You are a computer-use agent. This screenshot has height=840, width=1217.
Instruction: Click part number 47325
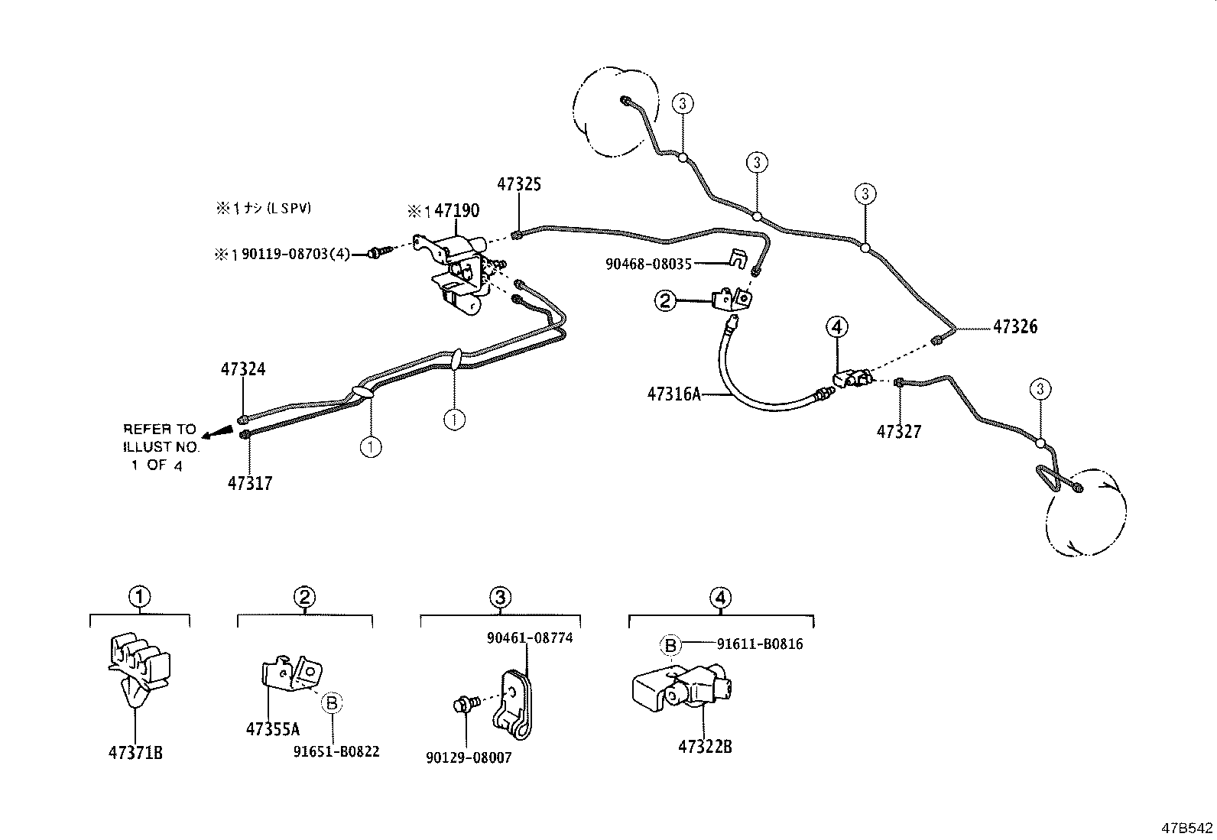[x=519, y=184]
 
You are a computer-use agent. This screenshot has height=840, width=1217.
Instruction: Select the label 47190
[x=457, y=211]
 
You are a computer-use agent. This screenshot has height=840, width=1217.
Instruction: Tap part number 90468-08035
[x=648, y=264]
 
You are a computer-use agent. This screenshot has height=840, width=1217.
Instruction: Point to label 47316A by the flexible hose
[x=673, y=394]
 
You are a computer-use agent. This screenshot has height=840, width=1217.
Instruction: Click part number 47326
[x=1015, y=326]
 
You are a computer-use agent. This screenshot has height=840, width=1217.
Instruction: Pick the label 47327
[x=899, y=432]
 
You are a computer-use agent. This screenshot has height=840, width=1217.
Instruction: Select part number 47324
[x=243, y=369]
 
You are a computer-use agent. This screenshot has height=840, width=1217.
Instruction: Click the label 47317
[x=250, y=483]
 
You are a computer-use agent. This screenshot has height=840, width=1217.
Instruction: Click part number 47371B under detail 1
[x=136, y=753]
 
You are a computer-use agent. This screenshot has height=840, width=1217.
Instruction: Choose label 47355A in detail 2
[x=273, y=729]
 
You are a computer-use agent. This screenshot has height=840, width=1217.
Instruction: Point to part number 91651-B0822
[x=336, y=752]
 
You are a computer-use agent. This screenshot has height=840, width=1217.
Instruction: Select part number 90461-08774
[x=530, y=637]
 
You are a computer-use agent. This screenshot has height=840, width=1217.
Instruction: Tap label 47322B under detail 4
[x=705, y=747]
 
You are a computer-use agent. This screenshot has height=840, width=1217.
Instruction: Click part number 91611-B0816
[x=760, y=644]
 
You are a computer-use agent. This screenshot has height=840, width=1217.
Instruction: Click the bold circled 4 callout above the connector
[x=837, y=327]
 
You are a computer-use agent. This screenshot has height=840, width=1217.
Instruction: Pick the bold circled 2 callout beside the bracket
[x=665, y=301]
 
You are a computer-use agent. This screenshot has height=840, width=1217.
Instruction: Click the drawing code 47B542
[x=1187, y=828]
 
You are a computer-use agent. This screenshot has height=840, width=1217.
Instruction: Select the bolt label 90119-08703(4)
[x=294, y=254]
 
